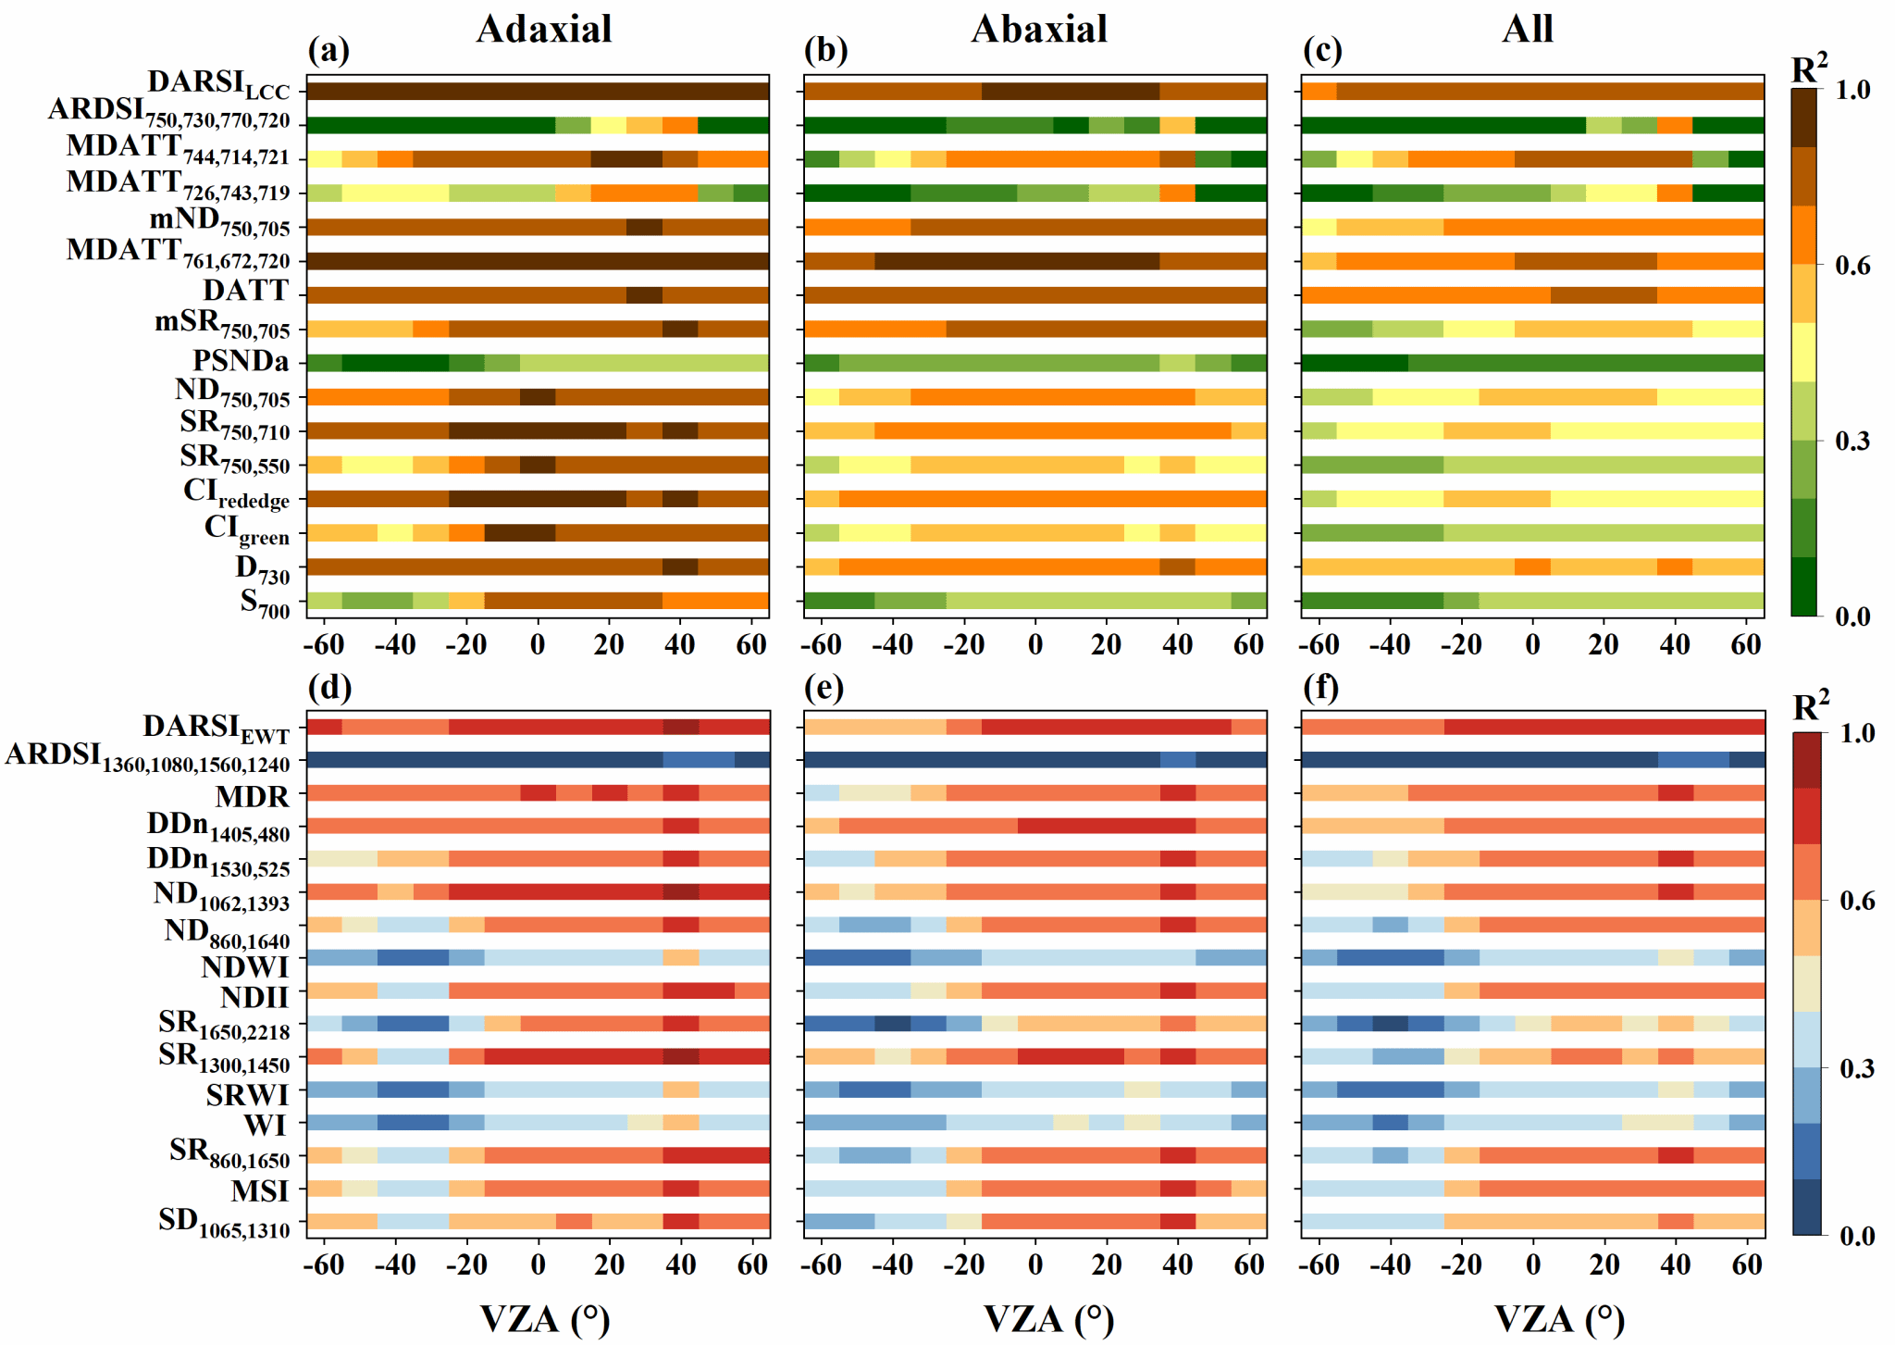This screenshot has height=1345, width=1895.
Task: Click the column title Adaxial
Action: tap(544, 30)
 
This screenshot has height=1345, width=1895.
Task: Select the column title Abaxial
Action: tap(1039, 30)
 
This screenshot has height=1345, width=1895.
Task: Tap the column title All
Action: tap(1527, 30)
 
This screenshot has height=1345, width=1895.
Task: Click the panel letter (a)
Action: tap(328, 50)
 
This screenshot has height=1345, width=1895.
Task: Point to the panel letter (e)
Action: tap(825, 688)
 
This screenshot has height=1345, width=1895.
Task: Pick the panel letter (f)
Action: tap(1322, 688)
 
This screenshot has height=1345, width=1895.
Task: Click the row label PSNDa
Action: tap(241, 361)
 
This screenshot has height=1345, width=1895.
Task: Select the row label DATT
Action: tap(246, 292)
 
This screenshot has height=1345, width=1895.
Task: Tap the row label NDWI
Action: tap(245, 967)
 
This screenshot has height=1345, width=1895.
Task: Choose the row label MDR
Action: tap(253, 796)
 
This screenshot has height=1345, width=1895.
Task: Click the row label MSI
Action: tap(260, 1190)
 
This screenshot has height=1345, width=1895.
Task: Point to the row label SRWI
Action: tap(248, 1095)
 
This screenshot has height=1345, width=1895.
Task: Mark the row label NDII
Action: tap(254, 998)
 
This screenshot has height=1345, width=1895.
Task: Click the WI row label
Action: tap(266, 1126)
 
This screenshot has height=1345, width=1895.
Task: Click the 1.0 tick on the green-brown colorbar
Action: tap(1852, 90)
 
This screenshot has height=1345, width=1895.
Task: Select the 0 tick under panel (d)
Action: tap(538, 1264)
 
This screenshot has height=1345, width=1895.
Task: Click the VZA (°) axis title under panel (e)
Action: tap(1047, 1319)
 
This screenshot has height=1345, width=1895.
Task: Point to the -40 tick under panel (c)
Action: tap(1390, 644)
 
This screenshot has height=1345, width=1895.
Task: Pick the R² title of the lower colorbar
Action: tap(1811, 707)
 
